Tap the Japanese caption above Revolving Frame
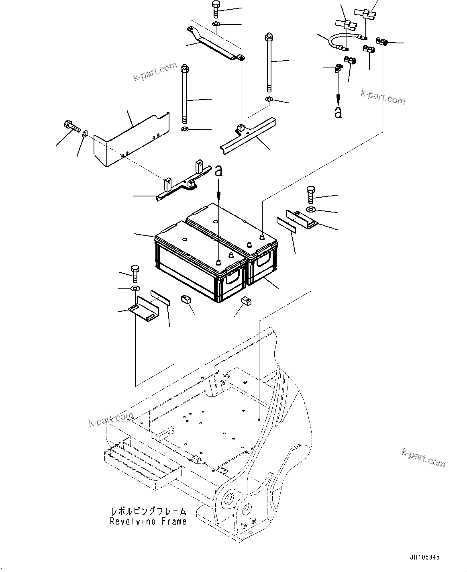pos(149,511)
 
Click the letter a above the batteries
pos(218,171)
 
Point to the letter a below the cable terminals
pos(339,112)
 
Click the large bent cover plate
pos(128,141)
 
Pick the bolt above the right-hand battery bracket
pos(311,194)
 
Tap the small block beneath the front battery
pos(186,299)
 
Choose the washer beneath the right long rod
pos(269,99)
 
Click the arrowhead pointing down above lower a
pos(339,98)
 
